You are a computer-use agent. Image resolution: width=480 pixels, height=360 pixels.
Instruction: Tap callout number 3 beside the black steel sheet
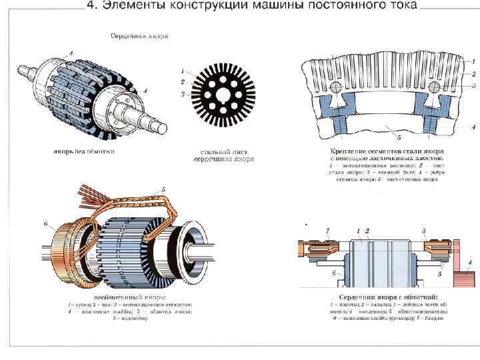[x=183, y=95]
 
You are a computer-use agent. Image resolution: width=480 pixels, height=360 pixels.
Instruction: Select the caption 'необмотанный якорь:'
[x=131, y=297]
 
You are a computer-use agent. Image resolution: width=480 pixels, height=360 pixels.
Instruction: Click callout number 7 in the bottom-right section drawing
[x=327, y=231]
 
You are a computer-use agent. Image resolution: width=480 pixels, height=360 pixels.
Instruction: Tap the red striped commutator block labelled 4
[x=462, y=279]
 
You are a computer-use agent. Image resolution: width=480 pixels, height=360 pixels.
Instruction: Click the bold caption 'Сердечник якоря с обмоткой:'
[x=388, y=297]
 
